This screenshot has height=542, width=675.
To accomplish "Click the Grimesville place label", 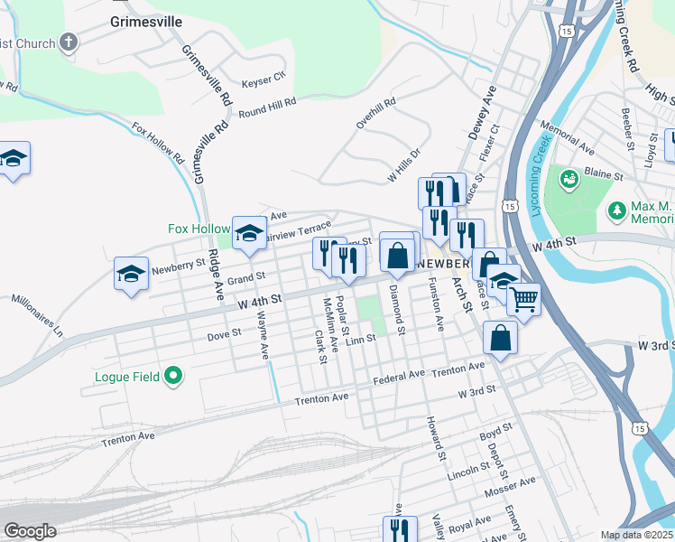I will (144, 20).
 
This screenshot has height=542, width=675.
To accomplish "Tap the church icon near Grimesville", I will (69, 42).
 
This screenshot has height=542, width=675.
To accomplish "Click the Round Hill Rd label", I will (267, 108).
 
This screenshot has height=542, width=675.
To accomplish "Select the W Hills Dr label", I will (404, 165).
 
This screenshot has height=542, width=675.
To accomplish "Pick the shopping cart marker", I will (523, 298).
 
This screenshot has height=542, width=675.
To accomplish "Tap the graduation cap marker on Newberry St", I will (131, 274).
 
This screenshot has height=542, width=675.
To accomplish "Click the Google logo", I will (30, 531).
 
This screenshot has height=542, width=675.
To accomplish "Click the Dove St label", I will (224, 332).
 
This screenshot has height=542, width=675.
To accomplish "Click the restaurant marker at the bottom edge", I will (399, 529).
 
